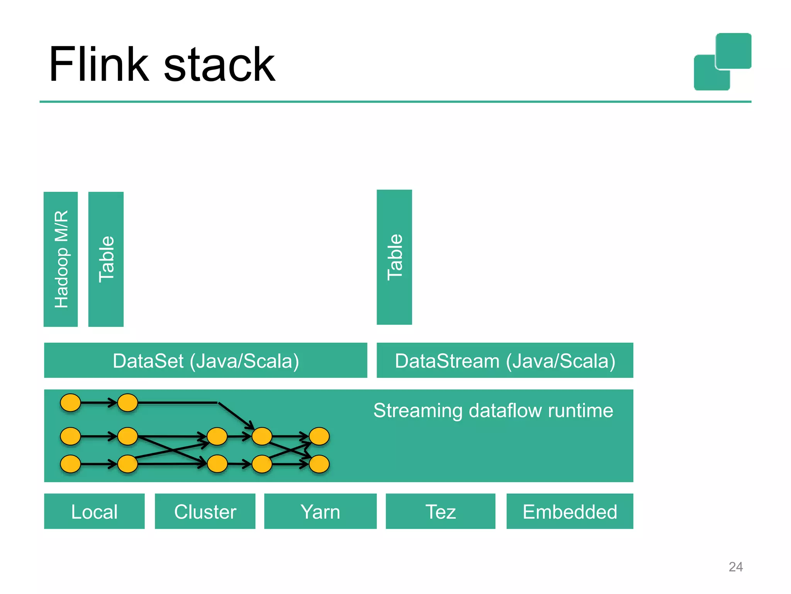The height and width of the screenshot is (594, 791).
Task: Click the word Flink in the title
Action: [98, 65]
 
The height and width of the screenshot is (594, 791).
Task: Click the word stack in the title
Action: [219, 65]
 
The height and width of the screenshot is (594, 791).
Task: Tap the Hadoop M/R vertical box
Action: [61, 259]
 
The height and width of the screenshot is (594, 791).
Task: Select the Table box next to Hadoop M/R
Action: [106, 259]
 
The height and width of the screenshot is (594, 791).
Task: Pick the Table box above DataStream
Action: [394, 257]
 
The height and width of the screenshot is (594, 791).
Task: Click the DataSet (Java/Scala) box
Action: [205, 360]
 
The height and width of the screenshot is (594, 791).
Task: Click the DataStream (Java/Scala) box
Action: [505, 360]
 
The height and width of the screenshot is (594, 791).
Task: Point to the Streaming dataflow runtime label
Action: [493, 410]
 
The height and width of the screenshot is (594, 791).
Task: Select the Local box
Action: [94, 511]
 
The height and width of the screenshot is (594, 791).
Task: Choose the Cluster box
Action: [205, 511]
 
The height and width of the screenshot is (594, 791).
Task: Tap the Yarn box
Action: [320, 511]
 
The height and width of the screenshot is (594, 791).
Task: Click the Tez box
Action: [440, 511]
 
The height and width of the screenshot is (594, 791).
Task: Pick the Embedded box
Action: [570, 511]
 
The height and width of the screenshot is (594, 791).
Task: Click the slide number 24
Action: [735, 567]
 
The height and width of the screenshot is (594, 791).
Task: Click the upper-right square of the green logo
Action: [733, 51]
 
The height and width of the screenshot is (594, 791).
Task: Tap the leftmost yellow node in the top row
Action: [71, 403]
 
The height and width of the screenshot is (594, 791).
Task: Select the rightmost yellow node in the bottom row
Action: [319, 464]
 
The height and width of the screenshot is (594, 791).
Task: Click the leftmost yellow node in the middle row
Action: [71, 436]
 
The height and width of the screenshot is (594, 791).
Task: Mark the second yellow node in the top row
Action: [127, 403]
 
